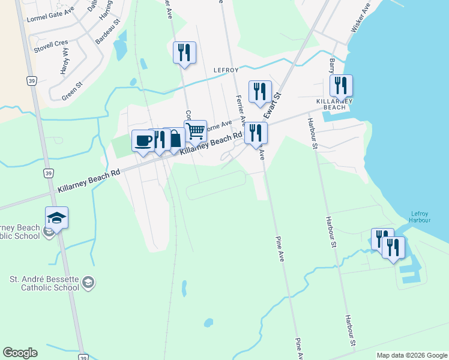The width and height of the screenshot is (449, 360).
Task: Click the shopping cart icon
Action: pyautogui.click(x=196, y=130)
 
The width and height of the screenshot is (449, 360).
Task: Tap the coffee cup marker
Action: pyautogui.click(x=143, y=140)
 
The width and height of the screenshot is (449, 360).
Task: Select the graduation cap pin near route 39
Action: pyautogui.click(x=56, y=217)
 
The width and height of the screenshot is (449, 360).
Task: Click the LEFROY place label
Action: pyautogui.click(x=226, y=70)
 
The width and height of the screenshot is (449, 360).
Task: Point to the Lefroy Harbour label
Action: pyautogui.click(x=420, y=217)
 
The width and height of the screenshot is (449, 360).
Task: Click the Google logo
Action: pyautogui.click(x=20, y=353)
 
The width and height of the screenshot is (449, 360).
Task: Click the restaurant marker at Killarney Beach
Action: pyautogui.click(x=340, y=85)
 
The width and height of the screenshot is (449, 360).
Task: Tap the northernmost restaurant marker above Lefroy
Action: pyautogui.click(x=184, y=52)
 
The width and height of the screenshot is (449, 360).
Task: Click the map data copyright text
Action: pyautogui.click(x=412, y=355)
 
